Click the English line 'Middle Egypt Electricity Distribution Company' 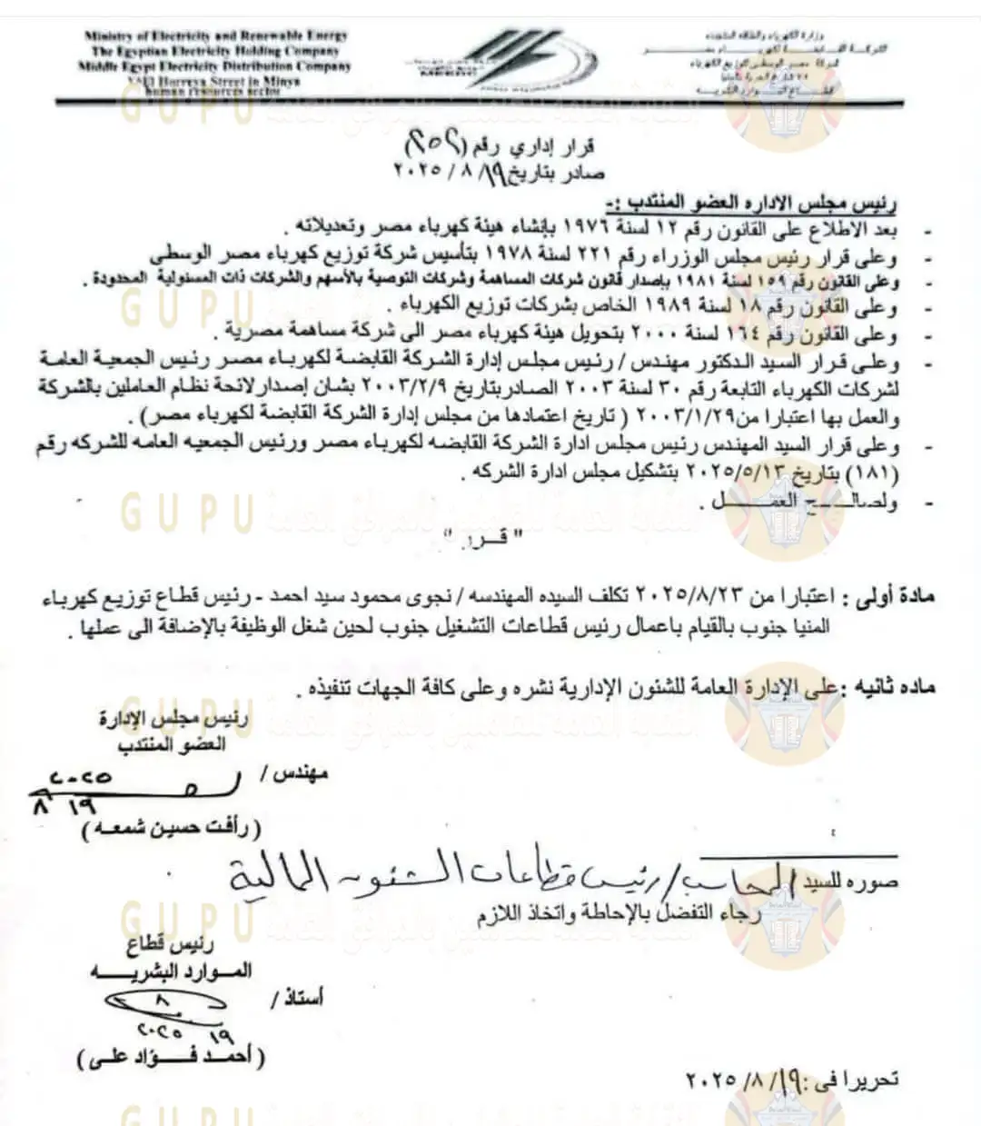click(x=215, y=66)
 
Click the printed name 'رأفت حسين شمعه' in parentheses click(x=169, y=828)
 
